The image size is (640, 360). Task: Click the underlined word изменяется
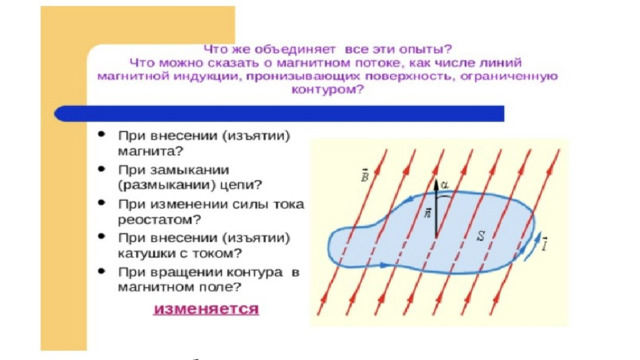tap(206, 309)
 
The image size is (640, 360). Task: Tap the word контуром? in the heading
tap(327, 90)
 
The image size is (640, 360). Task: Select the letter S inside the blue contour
tap(482, 236)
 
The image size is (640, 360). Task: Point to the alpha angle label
tap(445, 185)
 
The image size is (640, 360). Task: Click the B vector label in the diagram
tap(365, 176)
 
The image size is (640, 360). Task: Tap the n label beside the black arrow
tap(427, 213)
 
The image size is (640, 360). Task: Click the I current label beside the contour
tap(545, 244)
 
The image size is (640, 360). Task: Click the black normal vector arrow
tap(436, 209)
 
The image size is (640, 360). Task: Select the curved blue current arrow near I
tap(533, 246)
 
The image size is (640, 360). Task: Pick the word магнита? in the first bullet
tap(151, 151)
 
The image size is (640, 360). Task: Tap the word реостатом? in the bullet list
tap(160, 220)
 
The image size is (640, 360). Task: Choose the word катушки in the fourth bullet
tap(144, 253)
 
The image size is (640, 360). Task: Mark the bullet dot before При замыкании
tap(102, 169)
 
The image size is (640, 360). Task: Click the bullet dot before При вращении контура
tap(102, 271)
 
